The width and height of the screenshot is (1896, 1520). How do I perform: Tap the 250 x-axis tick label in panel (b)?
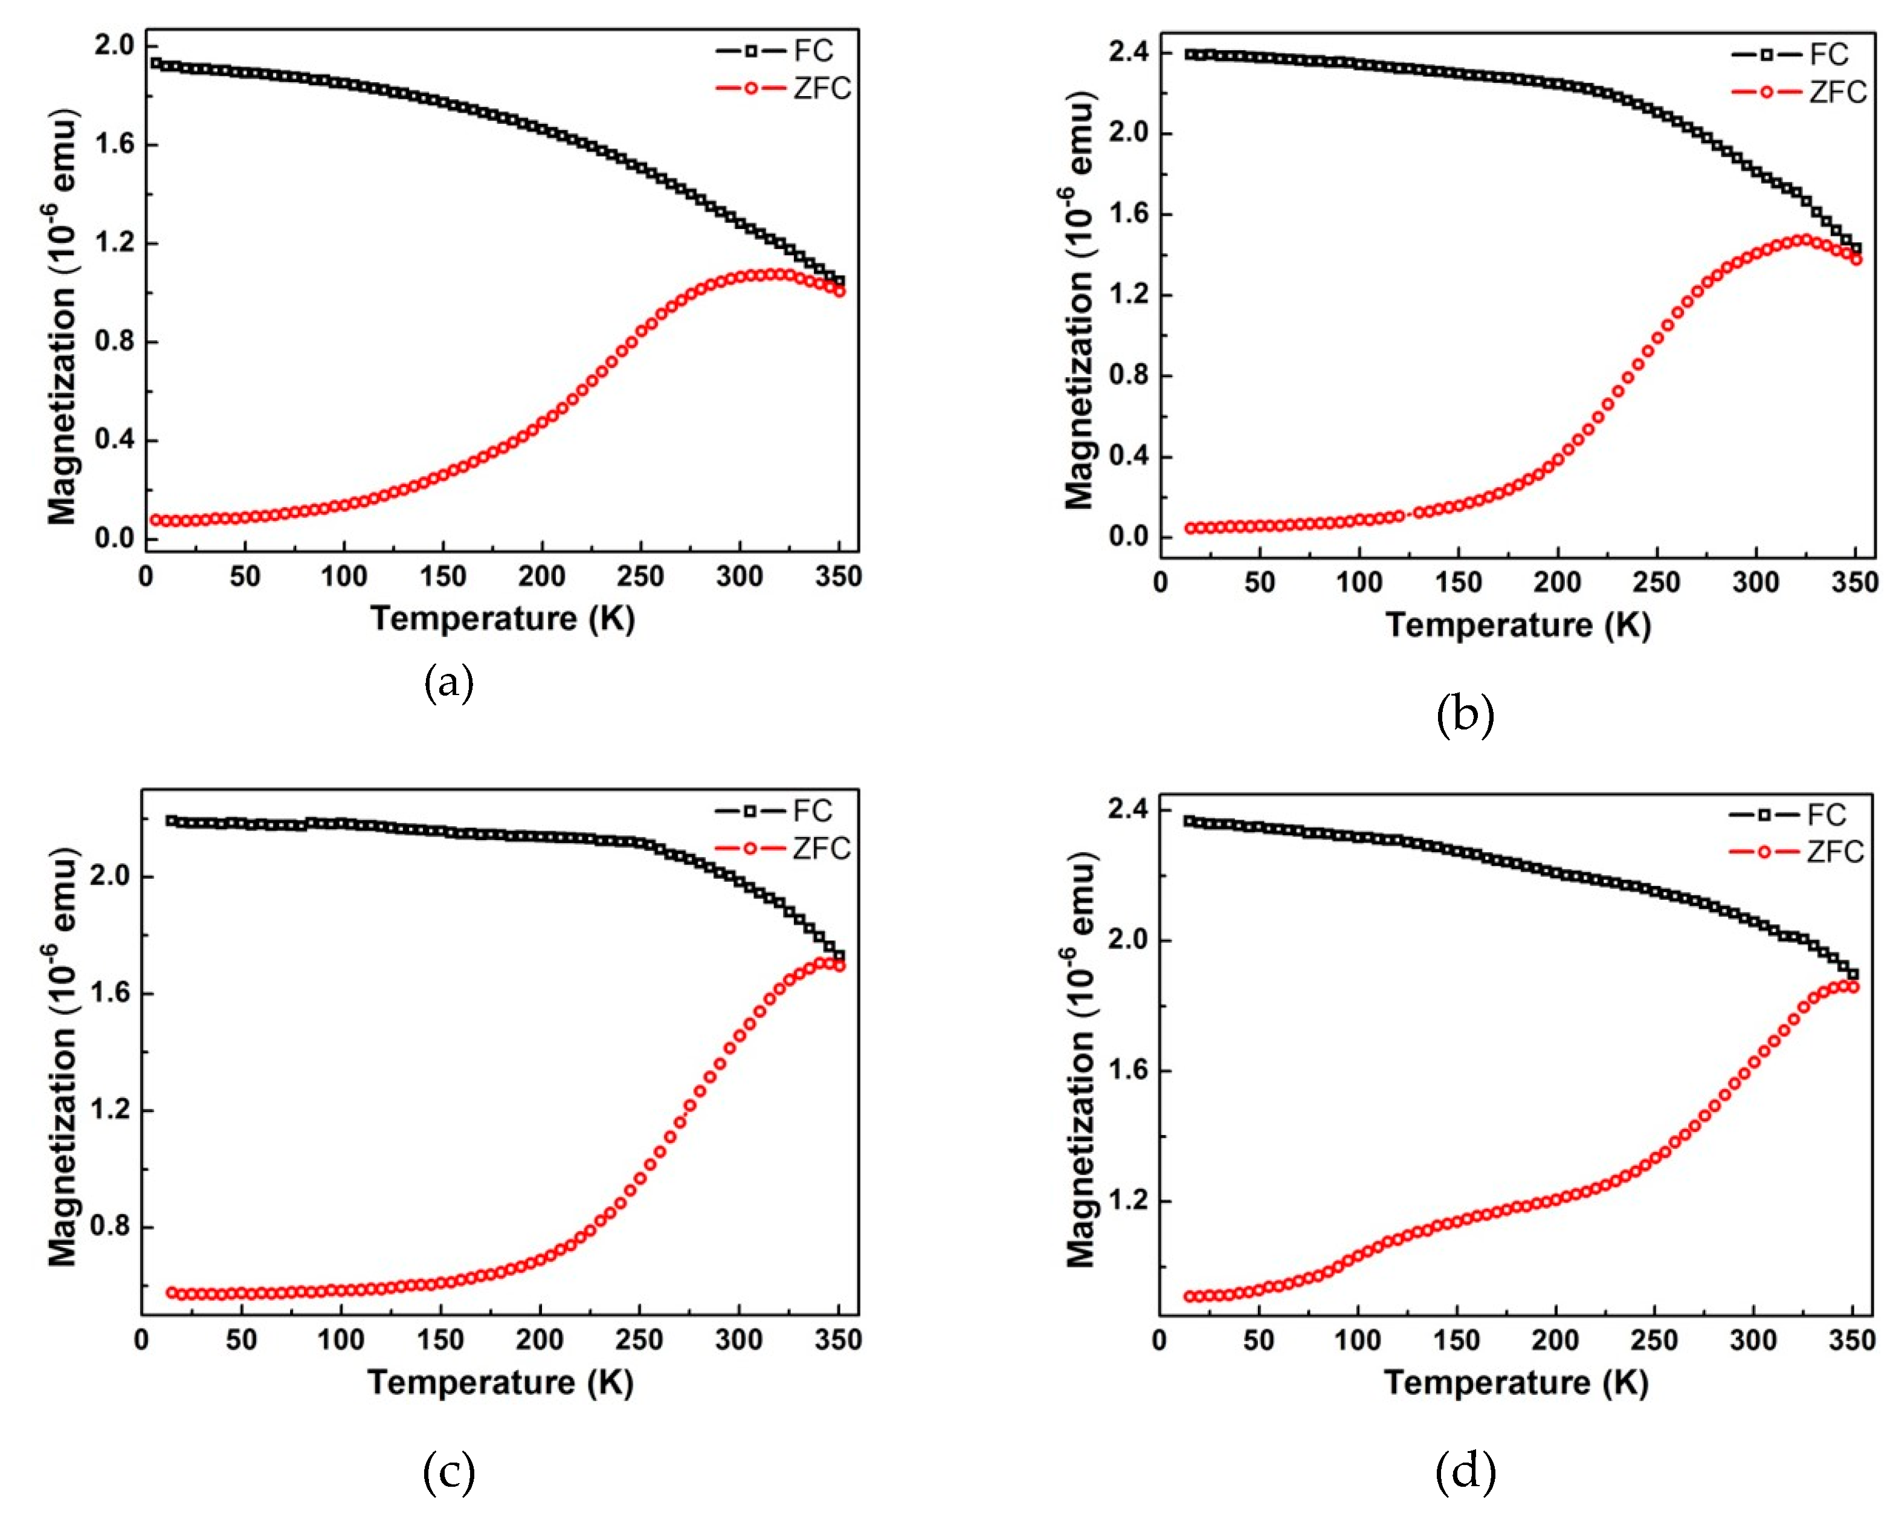tap(1657, 583)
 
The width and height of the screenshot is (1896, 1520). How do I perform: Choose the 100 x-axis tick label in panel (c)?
tap(340, 1341)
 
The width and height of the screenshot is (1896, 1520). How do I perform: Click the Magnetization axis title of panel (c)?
tap(62, 1056)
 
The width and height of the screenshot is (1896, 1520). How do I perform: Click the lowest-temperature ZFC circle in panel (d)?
tap(1190, 1296)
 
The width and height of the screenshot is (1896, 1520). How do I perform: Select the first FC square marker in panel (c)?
tap(172, 821)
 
